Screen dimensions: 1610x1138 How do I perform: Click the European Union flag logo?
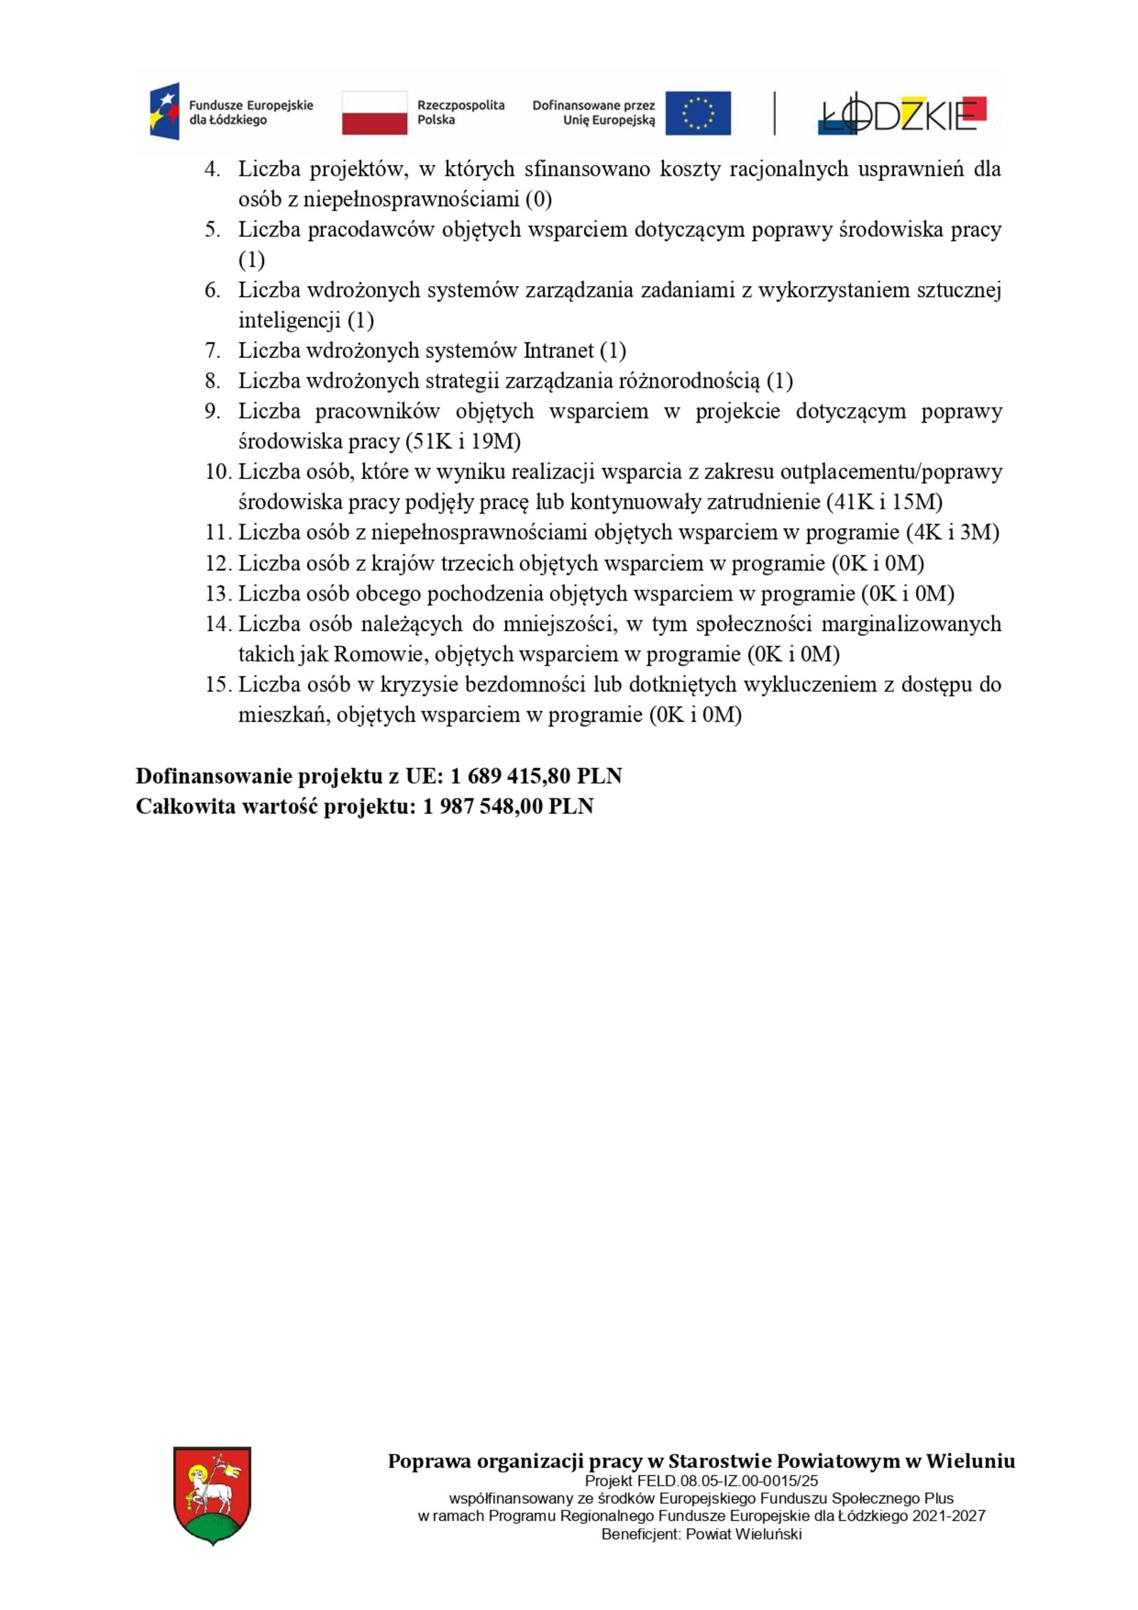(698, 112)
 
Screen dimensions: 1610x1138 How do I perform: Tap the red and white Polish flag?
(374, 112)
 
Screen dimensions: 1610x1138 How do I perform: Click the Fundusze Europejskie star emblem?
(164, 111)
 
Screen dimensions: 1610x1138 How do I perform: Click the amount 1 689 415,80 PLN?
(536, 775)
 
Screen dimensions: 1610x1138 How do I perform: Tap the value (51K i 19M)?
(463, 442)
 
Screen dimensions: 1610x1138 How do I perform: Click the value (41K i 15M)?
(884, 502)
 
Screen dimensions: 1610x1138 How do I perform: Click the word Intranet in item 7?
(558, 351)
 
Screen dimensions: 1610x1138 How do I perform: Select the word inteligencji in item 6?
(289, 320)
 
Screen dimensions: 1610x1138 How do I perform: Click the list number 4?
(212, 169)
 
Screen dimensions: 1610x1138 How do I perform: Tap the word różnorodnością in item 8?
(688, 381)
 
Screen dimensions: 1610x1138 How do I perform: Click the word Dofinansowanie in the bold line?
(213, 775)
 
